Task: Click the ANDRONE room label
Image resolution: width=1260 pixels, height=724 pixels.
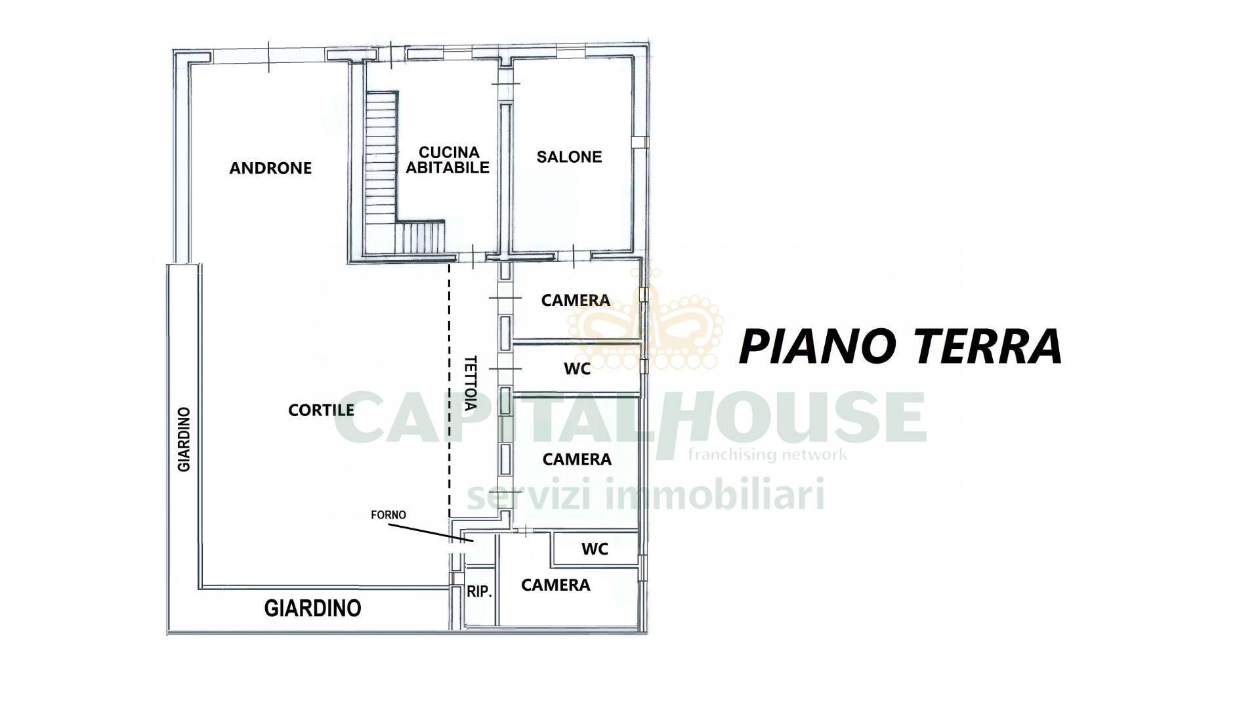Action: pyautogui.click(x=270, y=168)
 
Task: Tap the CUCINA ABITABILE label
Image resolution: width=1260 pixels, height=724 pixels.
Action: pyautogui.click(x=448, y=160)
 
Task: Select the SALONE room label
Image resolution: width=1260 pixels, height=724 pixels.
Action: pyautogui.click(x=569, y=157)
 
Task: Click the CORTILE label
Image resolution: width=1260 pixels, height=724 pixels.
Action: pyautogui.click(x=321, y=410)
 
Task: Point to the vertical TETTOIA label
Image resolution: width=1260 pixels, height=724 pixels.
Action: pyautogui.click(x=470, y=383)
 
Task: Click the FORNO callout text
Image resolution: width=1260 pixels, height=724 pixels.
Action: pyautogui.click(x=388, y=515)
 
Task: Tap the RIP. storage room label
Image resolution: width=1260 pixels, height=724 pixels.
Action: pyautogui.click(x=479, y=591)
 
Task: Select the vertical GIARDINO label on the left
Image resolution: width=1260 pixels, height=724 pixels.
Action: pyautogui.click(x=184, y=439)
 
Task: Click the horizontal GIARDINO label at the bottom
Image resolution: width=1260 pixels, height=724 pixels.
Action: pyautogui.click(x=312, y=608)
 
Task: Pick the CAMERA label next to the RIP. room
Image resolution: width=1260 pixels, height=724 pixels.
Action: pyautogui.click(x=555, y=585)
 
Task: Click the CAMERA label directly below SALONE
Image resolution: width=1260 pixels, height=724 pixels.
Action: pyautogui.click(x=576, y=300)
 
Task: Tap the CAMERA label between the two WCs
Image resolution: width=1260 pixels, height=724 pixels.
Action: pyautogui.click(x=577, y=459)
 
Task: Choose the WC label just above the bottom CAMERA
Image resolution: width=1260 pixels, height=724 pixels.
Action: pyautogui.click(x=595, y=549)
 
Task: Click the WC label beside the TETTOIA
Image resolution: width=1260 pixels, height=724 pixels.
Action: pyautogui.click(x=577, y=369)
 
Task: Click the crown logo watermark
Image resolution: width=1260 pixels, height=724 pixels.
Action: pyautogui.click(x=645, y=320)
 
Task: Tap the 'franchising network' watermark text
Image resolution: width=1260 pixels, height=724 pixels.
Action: pyautogui.click(x=767, y=454)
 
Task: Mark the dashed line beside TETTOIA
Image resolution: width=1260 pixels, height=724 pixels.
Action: pyautogui.click(x=450, y=390)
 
